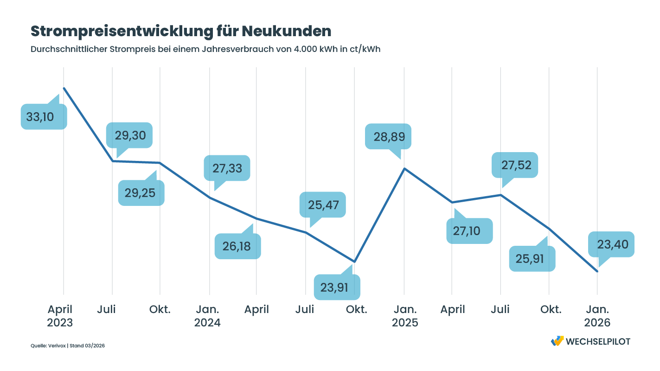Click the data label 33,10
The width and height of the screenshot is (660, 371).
44,117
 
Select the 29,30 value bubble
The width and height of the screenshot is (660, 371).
129,135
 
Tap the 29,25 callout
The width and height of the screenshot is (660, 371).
141,193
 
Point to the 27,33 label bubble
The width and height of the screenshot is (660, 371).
227,168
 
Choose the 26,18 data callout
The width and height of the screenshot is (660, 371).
237,246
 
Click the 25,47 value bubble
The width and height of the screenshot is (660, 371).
323,205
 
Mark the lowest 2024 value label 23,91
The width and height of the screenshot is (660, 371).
337,288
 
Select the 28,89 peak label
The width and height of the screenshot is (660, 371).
388,136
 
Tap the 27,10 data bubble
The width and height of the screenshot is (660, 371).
469,230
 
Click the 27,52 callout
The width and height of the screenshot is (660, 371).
515,165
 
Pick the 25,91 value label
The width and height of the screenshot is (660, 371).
532,259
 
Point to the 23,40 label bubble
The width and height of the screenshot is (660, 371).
611,244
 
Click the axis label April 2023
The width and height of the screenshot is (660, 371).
60,316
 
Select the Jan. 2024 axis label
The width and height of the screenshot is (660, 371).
208,316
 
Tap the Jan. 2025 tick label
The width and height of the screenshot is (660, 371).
405,316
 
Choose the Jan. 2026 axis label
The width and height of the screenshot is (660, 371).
597,316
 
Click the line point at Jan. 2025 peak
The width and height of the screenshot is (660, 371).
404,168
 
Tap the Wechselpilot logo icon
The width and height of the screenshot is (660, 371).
557,341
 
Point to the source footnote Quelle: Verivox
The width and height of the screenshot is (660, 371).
49,345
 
